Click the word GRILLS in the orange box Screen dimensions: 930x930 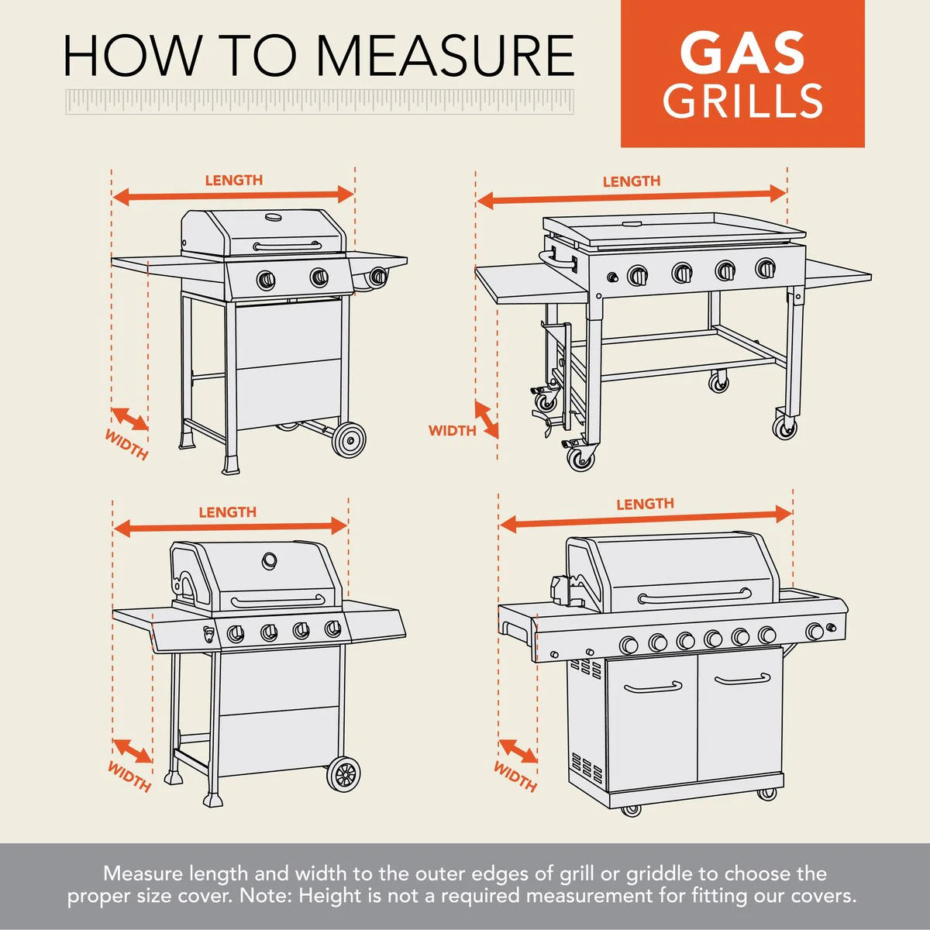click(x=742, y=102)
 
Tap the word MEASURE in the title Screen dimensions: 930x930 click(x=445, y=55)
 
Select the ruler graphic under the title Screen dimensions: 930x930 click(x=319, y=102)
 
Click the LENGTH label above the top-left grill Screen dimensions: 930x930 click(x=233, y=180)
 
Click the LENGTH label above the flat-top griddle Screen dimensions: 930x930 click(x=632, y=181)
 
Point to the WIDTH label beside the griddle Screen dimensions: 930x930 click(x=452, y=430)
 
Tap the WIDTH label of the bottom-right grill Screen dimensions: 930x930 click(x=515, y=777)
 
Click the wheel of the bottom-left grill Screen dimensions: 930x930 click(x=343, y=773)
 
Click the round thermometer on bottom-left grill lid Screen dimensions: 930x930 click(x=270, y=559)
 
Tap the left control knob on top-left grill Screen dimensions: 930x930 click(x=265, y=280)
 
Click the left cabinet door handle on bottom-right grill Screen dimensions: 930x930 click(x=653, y=687)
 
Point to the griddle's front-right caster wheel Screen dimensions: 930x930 click(x=784, y=427)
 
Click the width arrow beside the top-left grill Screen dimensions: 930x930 click(x=129, y=418)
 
